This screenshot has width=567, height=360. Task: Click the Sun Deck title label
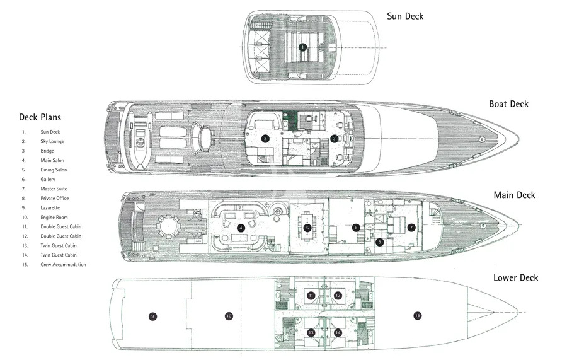[x=405, y=16]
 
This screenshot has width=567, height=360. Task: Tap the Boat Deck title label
[x=508, y=104]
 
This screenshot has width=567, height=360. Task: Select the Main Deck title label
[x=514, y=195]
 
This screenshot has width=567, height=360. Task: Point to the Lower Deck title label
[x=515, y=277]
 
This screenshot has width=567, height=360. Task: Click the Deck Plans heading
[x=40, y=117]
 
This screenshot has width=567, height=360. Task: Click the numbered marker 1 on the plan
[x=302, y=47]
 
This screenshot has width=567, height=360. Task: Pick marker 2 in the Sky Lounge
[x=265, y=138]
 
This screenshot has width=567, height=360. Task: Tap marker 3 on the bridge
[x=334, y=138]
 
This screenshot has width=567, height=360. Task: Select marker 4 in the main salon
[x=241, y=228]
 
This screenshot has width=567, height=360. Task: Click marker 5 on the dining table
[x=307, y=228]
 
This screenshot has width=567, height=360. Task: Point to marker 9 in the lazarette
[x=152, y=316]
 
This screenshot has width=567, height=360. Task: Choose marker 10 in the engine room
[x=229, y=316]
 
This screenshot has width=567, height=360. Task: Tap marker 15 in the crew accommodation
[x=417, y=316]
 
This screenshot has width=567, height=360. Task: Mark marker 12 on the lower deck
[x=338, y=296]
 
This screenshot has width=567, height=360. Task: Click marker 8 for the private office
[x=379, y=242]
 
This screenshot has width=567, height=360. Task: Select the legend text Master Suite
[x=54, y=189]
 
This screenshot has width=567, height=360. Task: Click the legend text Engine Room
[x=54, y=217]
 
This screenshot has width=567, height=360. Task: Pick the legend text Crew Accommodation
[x=63, y=264]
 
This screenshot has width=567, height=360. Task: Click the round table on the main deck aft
[x=168, y=227]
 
